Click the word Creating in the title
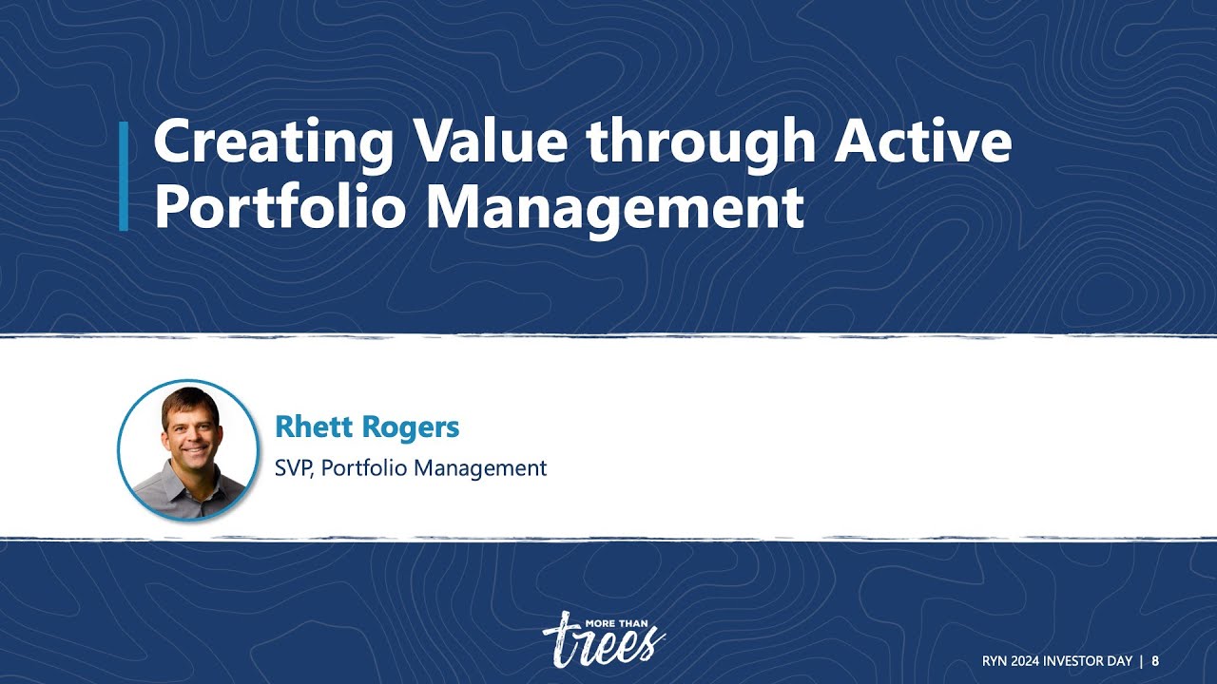(x=274, y=143)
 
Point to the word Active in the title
(x=922, y=143)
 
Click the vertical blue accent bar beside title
(x=124, y=177)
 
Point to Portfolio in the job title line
(x=365, y=468)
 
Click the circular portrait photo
(x=188, y=449)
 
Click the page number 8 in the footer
(x=1155, y=661)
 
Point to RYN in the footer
(x=995, y=661)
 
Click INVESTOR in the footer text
(x=1074, y=661)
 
